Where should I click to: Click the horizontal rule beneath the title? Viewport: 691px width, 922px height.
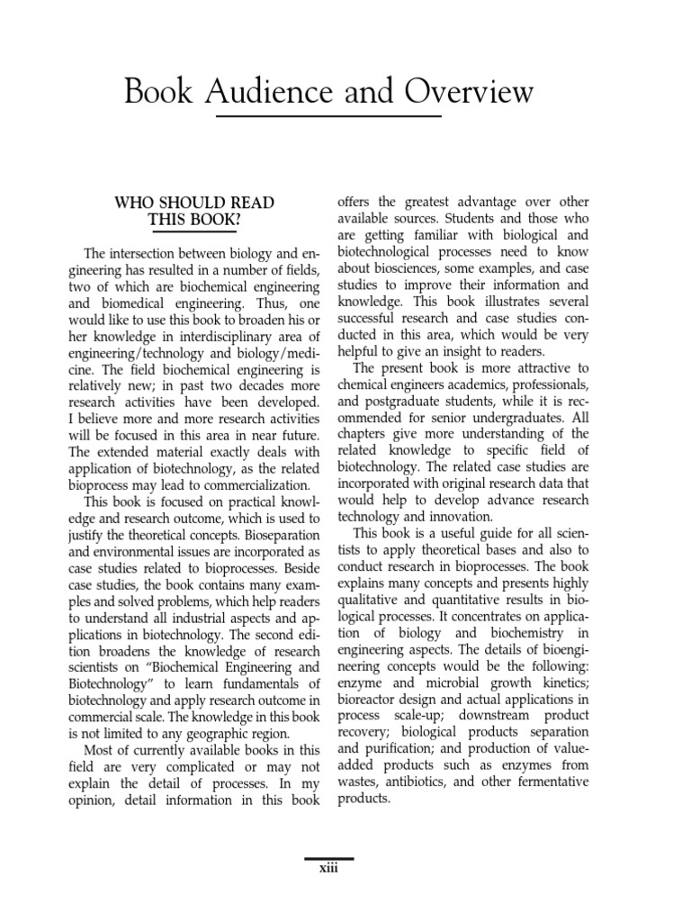pos(328,117)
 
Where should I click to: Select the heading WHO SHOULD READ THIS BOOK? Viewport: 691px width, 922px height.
pos(194,211)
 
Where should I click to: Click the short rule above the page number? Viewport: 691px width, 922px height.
pos(328,859)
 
